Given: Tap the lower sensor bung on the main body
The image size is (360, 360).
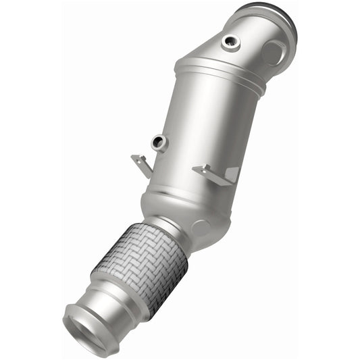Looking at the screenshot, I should [159, 142].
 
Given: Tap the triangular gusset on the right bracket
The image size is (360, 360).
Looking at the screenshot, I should [231, 175].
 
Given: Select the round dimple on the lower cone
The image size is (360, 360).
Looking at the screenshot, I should [200, 228].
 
